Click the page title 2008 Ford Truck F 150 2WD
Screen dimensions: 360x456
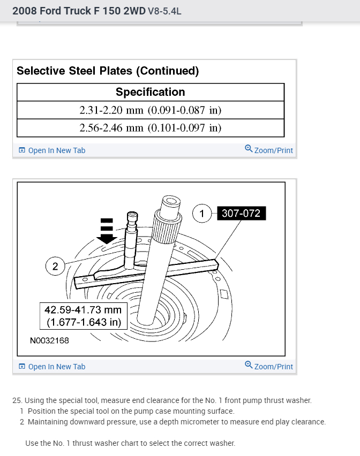click(79, 10)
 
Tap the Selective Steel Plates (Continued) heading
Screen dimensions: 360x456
click(108, 71)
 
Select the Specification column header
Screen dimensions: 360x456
click(151, 92)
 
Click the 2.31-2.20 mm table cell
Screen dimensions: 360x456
click(151, 110)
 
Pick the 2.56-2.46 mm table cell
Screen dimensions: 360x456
click(151, 128)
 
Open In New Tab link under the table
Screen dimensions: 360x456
click(52, 150)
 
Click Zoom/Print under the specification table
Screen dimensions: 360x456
click(269, 150)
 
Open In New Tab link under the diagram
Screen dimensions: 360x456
click(52, 367)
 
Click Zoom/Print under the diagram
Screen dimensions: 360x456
click(269, 367)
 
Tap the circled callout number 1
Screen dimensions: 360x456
click(202, 214)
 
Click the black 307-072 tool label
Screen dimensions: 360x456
click(241, 214)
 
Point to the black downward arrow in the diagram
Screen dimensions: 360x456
click(108, 233)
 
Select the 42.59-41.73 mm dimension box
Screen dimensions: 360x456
click(82, 316)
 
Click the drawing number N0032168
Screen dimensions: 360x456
click(49, 340)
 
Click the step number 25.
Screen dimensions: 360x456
click(17, 400)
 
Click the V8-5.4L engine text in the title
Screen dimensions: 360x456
click(164, 10)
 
